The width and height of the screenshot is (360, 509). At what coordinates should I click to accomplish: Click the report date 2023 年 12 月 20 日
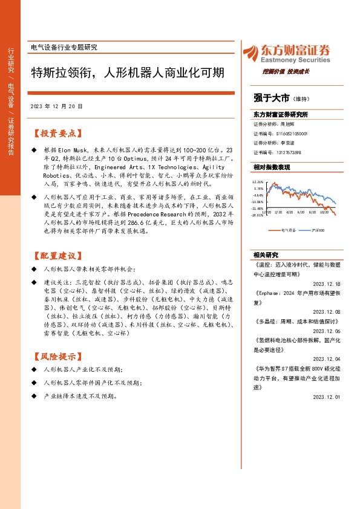pyautogui.click(x=56, y=106)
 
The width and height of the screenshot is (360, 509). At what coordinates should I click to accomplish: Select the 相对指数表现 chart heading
pyautogui.click(x=272, y=167)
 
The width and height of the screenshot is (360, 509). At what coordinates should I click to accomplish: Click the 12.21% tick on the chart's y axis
pyautogui.click(x=258, y=181)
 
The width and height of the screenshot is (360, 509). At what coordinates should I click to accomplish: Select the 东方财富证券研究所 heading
pyautogui.click(x=281, y=114)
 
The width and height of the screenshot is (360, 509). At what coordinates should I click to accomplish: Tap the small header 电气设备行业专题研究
pyautogui.click(x=64, y=47)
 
